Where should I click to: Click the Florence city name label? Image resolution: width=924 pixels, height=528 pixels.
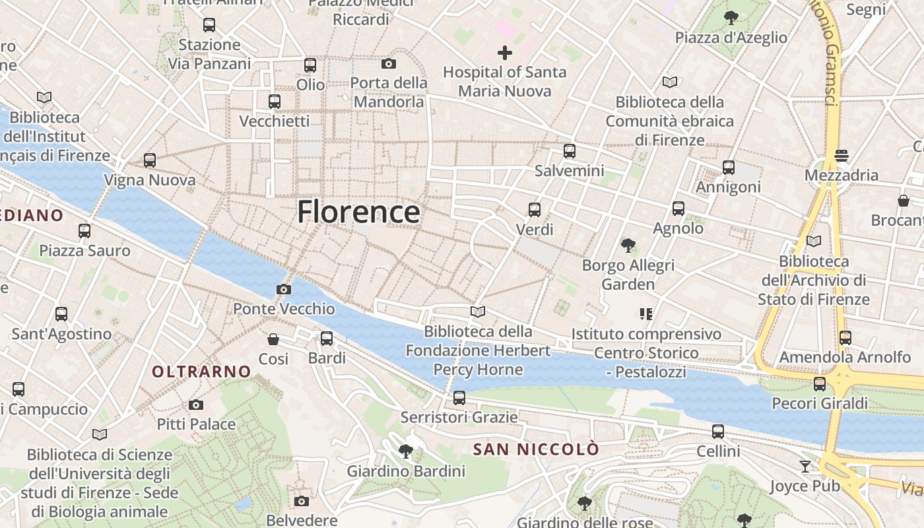358,212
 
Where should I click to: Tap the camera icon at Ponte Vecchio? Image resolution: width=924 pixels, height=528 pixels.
283,289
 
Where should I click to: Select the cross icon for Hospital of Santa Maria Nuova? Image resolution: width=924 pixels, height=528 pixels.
505,52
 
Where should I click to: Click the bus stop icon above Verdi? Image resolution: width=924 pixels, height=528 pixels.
535,210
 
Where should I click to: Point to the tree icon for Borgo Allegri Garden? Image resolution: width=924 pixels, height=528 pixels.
628,246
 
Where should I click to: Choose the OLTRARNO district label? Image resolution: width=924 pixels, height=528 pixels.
201,372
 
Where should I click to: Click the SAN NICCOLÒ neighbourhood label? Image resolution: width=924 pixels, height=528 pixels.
536,449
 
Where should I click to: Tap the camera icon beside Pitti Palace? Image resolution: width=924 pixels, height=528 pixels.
195,405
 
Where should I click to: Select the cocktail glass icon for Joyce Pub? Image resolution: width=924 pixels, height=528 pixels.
805,467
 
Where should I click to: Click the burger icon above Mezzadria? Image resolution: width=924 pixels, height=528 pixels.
841,156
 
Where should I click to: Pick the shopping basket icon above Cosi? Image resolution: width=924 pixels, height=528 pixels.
273,339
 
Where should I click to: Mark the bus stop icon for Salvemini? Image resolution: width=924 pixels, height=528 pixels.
570,150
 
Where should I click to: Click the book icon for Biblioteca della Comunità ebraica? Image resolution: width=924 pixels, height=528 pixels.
669,82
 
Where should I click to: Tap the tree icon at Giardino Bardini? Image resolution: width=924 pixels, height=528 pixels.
406,451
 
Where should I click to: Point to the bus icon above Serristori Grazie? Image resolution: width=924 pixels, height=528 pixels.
459,398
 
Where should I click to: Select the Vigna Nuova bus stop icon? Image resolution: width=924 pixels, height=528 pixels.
150,160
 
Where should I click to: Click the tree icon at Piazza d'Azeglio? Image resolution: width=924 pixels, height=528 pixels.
731,17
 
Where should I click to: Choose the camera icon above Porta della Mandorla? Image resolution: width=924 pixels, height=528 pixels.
389,63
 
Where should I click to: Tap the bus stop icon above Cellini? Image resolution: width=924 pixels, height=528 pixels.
718,432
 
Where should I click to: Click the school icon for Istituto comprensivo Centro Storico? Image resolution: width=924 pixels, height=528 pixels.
645,314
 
